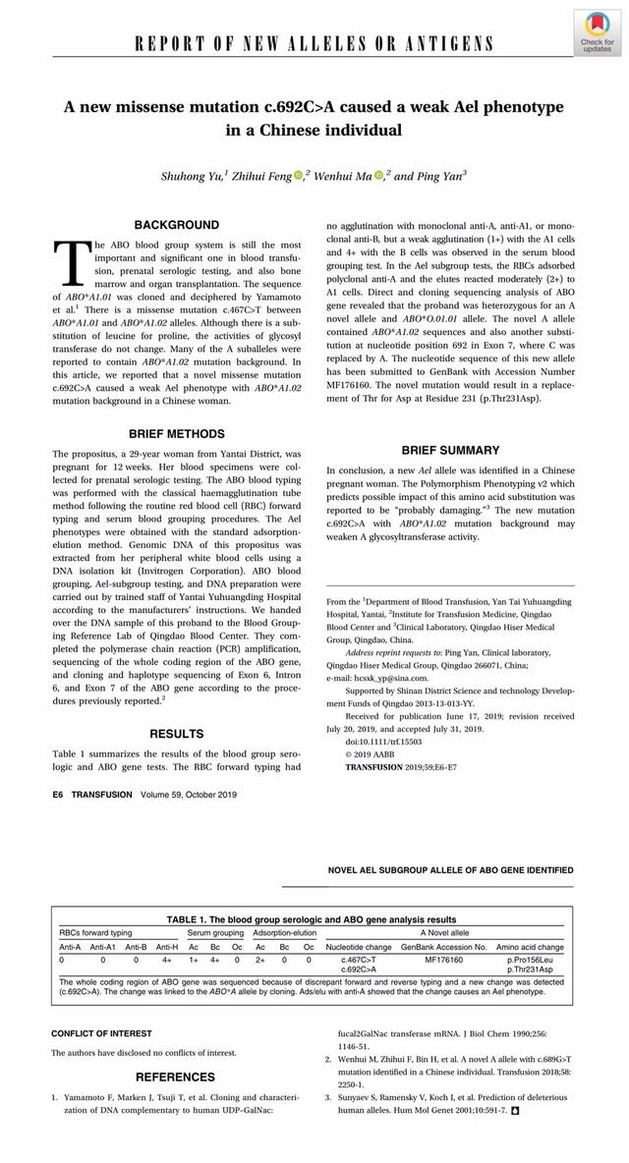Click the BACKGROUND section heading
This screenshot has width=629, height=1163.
tap(177, 225)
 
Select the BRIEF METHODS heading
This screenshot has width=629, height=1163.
tap(177, 433)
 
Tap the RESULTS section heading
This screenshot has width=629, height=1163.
tap(177, 734)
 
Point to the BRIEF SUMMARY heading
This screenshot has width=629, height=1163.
tap(450, 450)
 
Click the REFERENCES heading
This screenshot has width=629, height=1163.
tap(175, 1077)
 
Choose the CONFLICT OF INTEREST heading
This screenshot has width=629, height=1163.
tap(102, 1033)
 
